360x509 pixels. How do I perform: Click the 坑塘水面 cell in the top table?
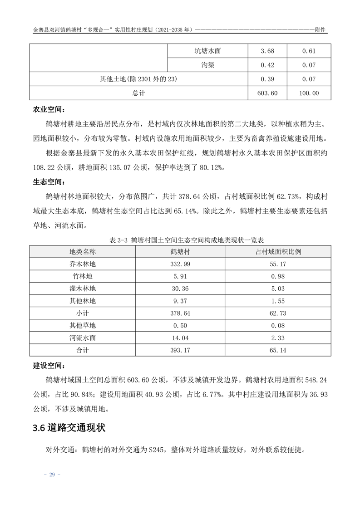coord(207,51)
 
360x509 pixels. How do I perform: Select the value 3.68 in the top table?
coord(267,51)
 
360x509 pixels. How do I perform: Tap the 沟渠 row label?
coord(207,65)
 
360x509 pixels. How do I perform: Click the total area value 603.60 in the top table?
coord(267,93)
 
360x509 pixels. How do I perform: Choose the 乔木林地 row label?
coord(83,264)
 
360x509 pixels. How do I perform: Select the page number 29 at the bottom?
coord(52,475)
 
